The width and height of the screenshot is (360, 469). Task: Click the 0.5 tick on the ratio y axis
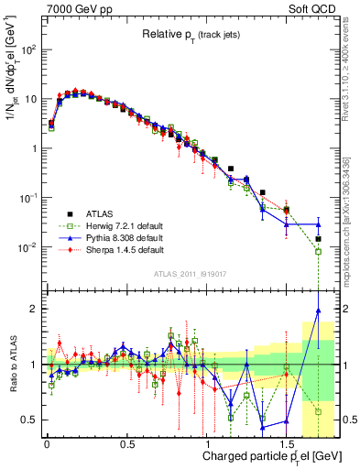pyautogui.click(x=29, y=420)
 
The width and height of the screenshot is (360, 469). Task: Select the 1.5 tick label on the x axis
pyautogui.click(x=288, y=443)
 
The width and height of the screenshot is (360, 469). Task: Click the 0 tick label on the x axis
pyautogui.click(x=46, y=443)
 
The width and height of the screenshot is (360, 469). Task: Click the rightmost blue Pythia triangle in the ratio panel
pyautogui.click(x=319, y=311)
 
